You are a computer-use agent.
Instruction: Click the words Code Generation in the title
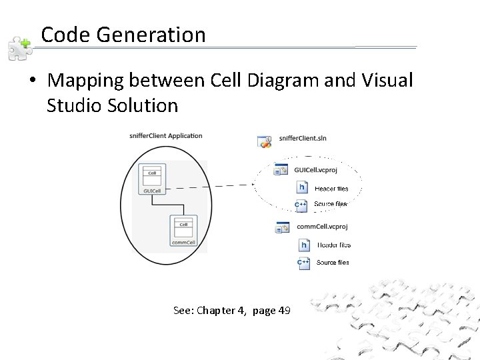(123, 35)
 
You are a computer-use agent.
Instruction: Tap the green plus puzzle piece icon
(19, 47)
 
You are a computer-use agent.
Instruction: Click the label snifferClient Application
(166, 136)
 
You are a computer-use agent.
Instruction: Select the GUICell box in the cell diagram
(151, 178)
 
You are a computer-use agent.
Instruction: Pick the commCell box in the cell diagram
(183, 230)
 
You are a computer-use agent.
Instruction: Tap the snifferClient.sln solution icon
(265, 141)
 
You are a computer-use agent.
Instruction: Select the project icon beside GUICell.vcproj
(281, 171)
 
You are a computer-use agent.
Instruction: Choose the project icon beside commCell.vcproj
(281, 228)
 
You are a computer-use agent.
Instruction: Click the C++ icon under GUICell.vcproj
(302, 205)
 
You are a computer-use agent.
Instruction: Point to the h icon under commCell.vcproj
(303, 245)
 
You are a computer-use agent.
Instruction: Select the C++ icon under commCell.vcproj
(303, 263)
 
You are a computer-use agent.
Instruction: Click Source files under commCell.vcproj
(333, 263)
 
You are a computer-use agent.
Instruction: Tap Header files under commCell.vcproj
(333, 245)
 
